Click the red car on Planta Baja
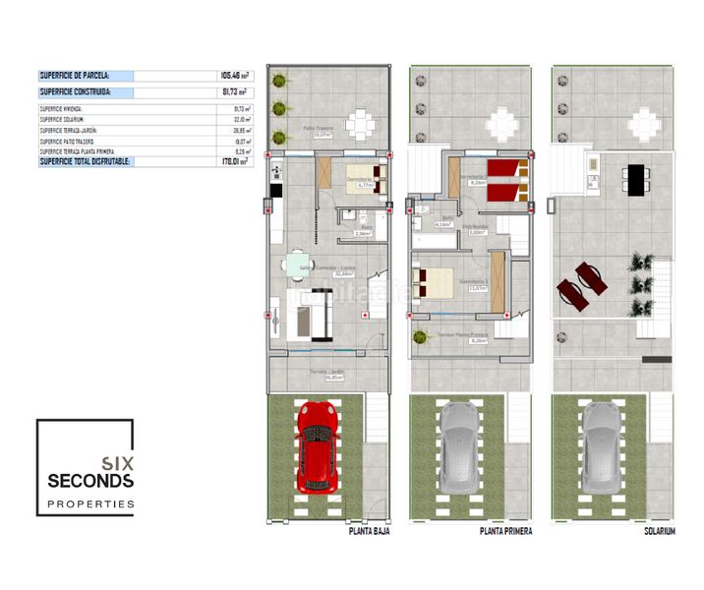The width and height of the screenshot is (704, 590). pos(318,445)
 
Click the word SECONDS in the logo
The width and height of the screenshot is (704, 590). pos(90,480)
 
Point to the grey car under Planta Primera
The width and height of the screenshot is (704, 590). pos(461,445)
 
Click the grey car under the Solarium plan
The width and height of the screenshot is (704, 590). pos(603,445)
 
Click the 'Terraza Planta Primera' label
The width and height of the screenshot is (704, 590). pos(464,335)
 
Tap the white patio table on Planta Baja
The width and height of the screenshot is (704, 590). pos(361,123)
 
